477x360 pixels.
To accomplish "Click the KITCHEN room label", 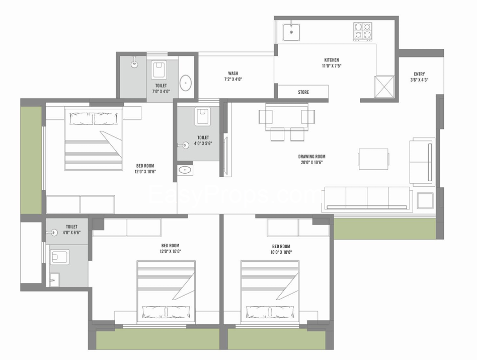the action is coord(331,60).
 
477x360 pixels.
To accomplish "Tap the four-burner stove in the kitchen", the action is coord(363,31).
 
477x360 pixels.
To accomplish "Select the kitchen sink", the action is coord(291,32).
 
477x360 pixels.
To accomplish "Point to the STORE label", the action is coord(303,92).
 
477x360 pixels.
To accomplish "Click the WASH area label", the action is coord(233,74).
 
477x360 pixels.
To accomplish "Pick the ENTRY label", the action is coord(419,74).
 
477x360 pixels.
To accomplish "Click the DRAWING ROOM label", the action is coord(312,157).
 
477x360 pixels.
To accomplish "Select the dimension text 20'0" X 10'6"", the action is coord(312,163).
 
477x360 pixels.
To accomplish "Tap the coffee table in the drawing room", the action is coord(373,159).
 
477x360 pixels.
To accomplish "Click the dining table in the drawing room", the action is coord(287,116).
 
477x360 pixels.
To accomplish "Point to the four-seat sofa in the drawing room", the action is coord(367,198).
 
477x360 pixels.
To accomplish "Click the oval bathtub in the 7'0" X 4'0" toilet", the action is coord(186,83).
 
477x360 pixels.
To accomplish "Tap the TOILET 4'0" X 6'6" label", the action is coord(71,230).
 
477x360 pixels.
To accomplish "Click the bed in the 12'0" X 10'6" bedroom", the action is coord(94,138).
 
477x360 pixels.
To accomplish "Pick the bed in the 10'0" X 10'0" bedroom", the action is coord(270,291).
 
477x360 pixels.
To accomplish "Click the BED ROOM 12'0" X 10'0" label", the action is coord(170,248).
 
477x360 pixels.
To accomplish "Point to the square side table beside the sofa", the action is coord(425,200).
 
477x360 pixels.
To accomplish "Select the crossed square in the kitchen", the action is coord(384,87).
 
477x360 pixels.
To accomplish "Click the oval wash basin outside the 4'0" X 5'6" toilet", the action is coord(185,170).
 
